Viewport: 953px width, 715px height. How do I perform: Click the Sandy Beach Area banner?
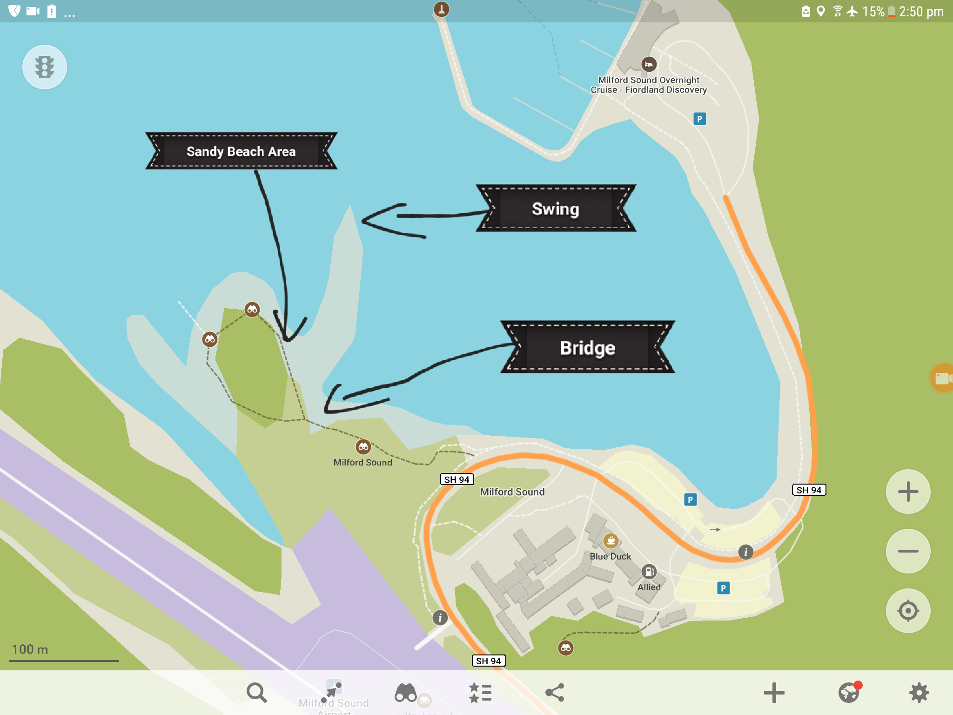pos(241,151)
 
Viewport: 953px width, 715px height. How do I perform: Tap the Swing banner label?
pos(556,209)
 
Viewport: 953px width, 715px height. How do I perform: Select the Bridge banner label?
pos(587,348)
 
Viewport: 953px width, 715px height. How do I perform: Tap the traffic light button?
pos(45,67)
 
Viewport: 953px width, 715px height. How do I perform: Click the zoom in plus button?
pos(908,492)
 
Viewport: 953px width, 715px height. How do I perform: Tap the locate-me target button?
pos(908,611)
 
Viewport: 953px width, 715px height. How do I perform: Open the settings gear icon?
pos(919,693)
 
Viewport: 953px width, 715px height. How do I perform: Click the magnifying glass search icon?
pos(256,693)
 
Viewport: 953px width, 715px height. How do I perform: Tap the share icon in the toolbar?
pos(555,693)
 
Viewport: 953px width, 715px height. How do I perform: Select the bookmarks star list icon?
pos(480,693)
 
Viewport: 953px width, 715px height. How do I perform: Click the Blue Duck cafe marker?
pos(611,540)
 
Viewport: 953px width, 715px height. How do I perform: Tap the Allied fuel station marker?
pos(649,571)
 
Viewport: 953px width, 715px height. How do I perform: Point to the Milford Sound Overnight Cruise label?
pos(649,85)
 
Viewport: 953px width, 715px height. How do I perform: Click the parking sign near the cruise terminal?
pos(699,119)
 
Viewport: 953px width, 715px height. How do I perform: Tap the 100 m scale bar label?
pos(30,649)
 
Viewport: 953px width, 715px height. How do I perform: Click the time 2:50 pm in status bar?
pos(921,12)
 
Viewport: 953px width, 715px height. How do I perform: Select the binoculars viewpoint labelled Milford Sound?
pos(363,447)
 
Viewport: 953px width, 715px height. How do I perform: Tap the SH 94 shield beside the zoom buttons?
pos(809,490)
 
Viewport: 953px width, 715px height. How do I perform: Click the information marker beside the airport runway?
pos(440,618)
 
